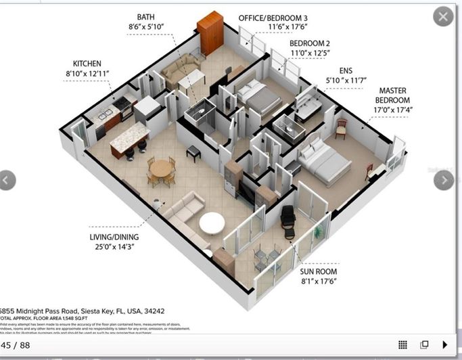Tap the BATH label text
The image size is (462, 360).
[x=145, y=17]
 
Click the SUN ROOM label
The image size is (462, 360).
[x=319, y=271]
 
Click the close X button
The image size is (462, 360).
[x=443, y=16]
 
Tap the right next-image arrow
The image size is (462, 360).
[x=443, y=180]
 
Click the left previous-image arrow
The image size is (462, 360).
[x=6, y=180]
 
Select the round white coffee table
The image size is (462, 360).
[x=212, y=223]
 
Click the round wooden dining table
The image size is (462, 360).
[x=162, y=168]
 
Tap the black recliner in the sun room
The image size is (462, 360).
[x=290, y=218]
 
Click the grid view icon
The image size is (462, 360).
[x=402, y=344]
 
